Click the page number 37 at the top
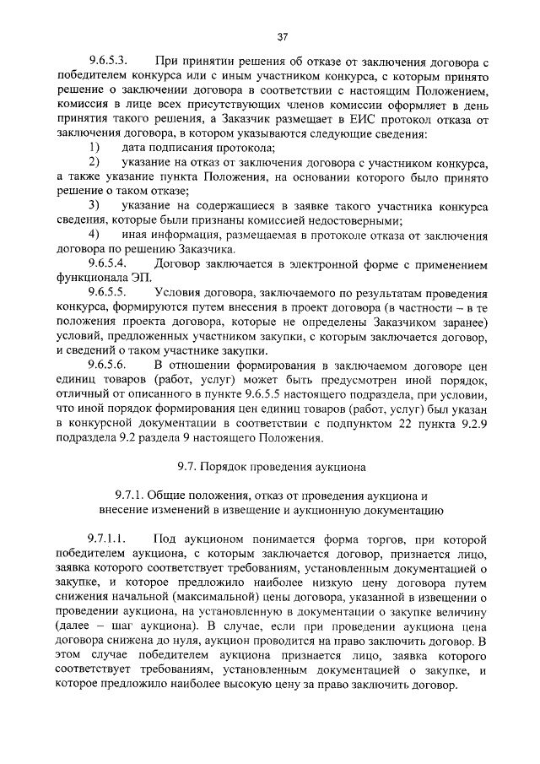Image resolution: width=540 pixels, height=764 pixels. click(x=283, y=35)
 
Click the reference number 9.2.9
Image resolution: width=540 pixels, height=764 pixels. click(x=472, y=423)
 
